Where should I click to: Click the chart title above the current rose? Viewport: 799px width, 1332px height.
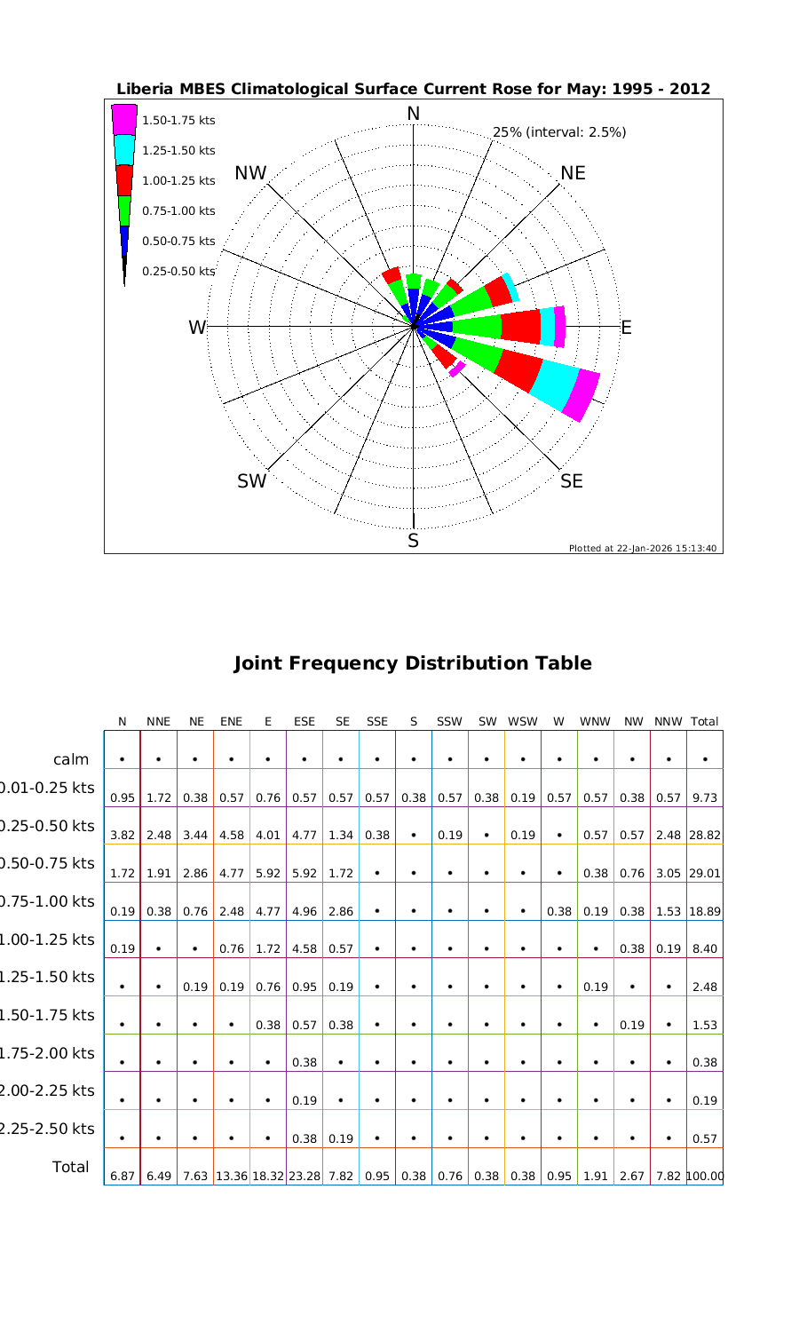pyautogui.click(x=414, y=89)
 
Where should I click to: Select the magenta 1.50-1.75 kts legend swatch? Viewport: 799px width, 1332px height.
pyautogui.click(x=124, y=119)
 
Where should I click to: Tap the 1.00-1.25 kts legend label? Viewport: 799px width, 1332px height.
pyautogui.click(x=178, y=181)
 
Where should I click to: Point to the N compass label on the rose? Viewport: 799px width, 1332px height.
pyautogui.click(x=413, y=114)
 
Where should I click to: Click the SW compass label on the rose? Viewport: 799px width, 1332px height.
pyautogui.click(x=252, y=481)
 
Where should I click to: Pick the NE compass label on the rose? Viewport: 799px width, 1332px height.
pyautogui.click(x=573, y=173)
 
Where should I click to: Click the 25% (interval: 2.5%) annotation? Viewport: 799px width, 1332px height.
pyautogui.click(x=559, y=132)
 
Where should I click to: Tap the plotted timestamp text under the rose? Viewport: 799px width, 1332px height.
pyautogui.click(x=643, y=548)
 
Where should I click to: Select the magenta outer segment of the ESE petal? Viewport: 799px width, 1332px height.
pyautogui.click(x=582, y=395)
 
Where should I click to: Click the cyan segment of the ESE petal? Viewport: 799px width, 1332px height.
pyautogui.click(x=555, y=384)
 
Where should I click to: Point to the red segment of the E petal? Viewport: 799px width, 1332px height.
pyautogui.click(x=521, y=327)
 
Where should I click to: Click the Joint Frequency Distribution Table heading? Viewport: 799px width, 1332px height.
pyautogui.click(x=412, y=663)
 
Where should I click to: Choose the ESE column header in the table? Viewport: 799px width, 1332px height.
pyautogui.click(x=305, y=722)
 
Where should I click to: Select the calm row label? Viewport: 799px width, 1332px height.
pyautogui.click(x=71, y=759)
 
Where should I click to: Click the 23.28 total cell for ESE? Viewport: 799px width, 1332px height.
pyautogui.click(x=305, y=1177)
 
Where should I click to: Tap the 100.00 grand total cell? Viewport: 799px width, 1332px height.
pyautogui.click(x=705, y=1177)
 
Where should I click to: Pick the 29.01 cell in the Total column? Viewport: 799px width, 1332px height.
pyautogui.click(x=704, y=874)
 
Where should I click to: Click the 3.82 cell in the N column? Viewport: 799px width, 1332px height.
pyautogui.click(x=122, y=836)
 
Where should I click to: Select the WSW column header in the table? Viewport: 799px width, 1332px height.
pyautogui.click(x=523, y=722)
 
